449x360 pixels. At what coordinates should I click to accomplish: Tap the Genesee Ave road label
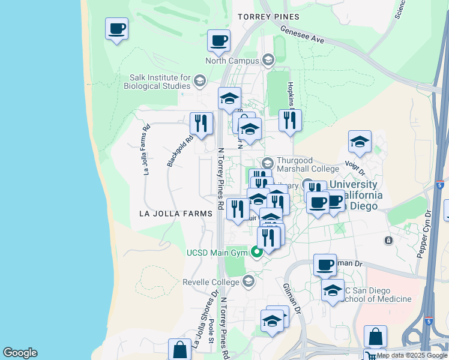click(x=302, y=34)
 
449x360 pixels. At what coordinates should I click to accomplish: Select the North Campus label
click(x=232, y=61)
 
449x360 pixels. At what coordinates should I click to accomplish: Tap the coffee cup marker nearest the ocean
click(x=116, y=28)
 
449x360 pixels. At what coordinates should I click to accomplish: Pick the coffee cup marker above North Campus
click(x=218, y=41)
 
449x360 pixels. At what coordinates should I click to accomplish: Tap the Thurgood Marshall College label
click(x=307, y=164)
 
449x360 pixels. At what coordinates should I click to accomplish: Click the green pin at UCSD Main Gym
click(x=257, y=253)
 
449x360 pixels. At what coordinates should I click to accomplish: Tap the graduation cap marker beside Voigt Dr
click(x=360, y=142)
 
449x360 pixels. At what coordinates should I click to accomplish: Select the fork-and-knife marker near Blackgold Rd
click(x=201, y=124)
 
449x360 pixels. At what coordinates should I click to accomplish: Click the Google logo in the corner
click(x=20, y=353)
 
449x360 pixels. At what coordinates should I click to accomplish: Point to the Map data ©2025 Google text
click(x=412, y=355)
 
